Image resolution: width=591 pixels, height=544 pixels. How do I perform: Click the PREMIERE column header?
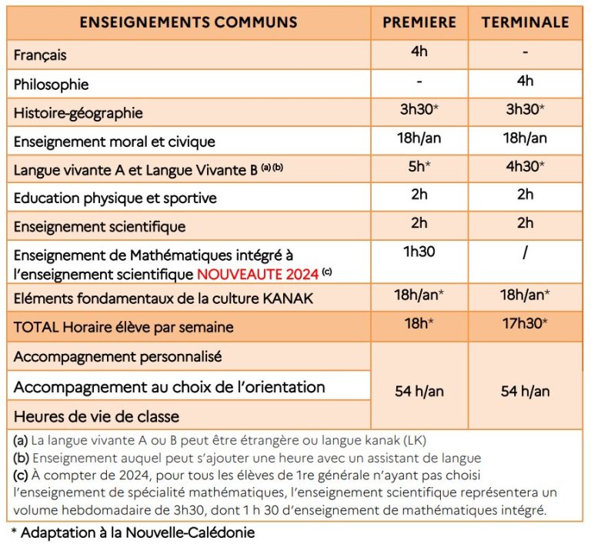pyautogui.click(x=419, y=22)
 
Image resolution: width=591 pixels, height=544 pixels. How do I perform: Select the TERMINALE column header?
pyautogui.click(x=526, y=22)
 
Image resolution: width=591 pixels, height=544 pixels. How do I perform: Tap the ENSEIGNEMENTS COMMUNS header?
pyautogui.click(x=189, y=22)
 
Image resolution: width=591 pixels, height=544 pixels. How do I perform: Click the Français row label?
pyautogui.click(x=40, y=55)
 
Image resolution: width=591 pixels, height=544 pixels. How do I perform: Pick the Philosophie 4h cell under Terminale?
pyautogui.click(x=526, y=81)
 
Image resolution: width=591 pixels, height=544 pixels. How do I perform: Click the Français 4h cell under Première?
pyautogui.click(x=419, y=52)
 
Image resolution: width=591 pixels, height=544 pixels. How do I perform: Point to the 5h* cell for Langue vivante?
pyautogui.click(x=419, y=165)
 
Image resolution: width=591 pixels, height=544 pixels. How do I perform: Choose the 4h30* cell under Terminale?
pyautogui.click(x=526, y=165)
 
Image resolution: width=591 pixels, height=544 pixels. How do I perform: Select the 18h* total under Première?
pyautogui.click(x=419, y=323)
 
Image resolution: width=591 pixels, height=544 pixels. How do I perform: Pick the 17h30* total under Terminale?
pyautogui.click(x=526, y=323)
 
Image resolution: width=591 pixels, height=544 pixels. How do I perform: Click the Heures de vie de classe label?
pyautogui.click(x=96, y=416)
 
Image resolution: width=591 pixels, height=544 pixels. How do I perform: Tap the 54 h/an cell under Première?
pyautogui.click(x=419, y=391)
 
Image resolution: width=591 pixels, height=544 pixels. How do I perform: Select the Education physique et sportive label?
pyautogui.click(x=115, y=198)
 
